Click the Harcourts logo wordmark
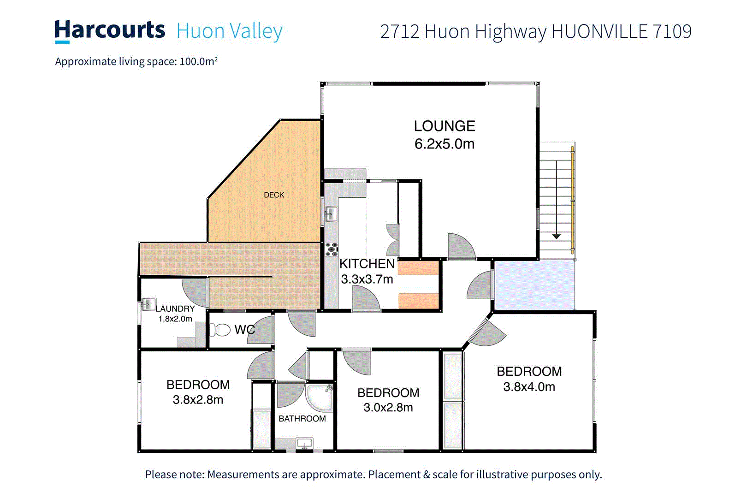coord(110,30)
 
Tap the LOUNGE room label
coord(444,126)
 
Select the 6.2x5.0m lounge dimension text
coord(444,144)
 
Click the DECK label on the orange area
coord(274,195)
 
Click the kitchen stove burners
coord(331,249)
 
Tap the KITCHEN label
coord(367,264)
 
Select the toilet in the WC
coord(221,330)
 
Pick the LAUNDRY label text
coord(175,308)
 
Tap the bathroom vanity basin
coord(304,444)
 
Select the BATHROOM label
coord(302,419)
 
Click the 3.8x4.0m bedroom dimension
coord(529,387)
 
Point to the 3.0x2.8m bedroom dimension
coord(388,408)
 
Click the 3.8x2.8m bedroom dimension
coord(198,400)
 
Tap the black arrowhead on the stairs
coord(557,237)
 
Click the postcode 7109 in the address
coord(672,31)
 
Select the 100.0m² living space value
coord(198,61)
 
